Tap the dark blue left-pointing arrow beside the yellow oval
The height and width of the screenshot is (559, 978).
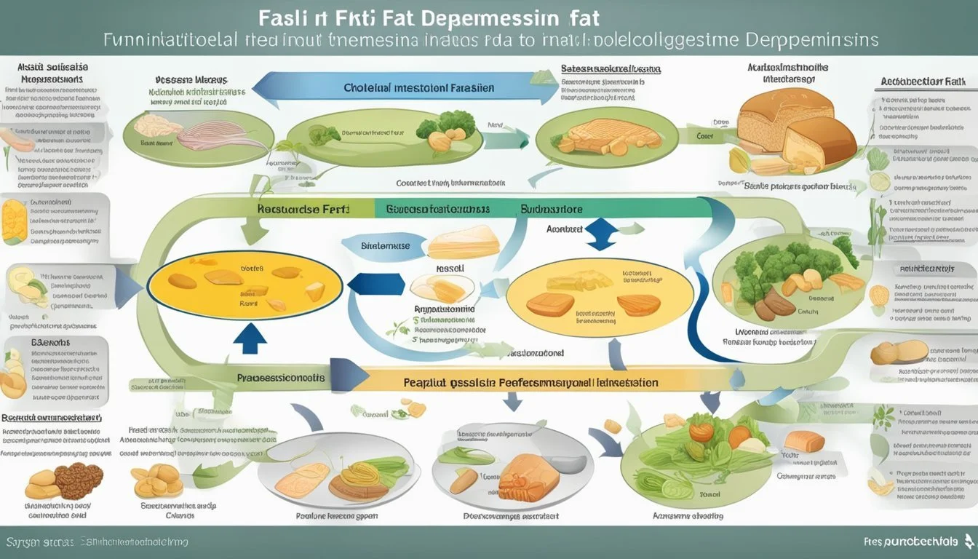coord(383,283)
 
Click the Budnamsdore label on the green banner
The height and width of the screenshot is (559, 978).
coord(551,208)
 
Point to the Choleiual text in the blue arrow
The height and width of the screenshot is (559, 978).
coord(369,87)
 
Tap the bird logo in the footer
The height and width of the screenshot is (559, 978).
coord(968,541)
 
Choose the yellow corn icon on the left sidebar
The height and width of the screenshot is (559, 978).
coord(15,221)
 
